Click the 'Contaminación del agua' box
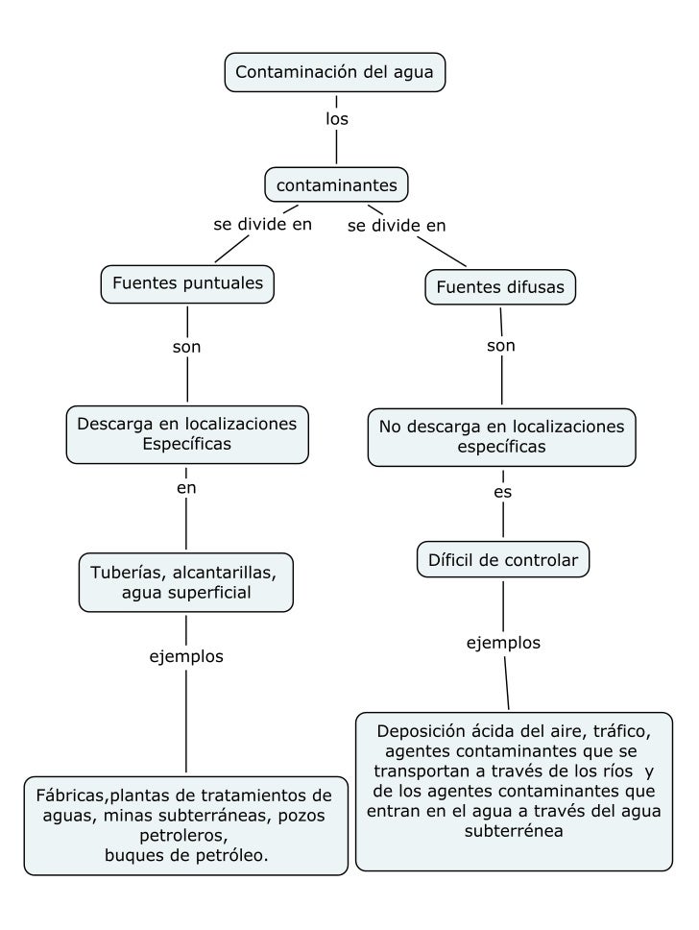(335, 72)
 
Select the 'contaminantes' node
(336, 184)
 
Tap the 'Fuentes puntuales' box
(187, 283)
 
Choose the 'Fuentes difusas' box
(500, 286)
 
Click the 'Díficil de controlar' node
(503, 560)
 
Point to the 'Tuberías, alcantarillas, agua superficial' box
(185, 582)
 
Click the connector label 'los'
(336, 120)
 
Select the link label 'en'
(186, 488)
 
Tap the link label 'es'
(502, 492)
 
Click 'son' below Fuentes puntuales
(186, 347)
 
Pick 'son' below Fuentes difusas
(501, 345)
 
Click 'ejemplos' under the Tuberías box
(186, 657)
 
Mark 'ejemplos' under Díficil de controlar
(503, 643)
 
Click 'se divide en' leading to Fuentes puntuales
(262, 225)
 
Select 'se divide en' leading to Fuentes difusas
(397, 226)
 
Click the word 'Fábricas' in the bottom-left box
(70, 795)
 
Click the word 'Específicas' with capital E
(186, 443)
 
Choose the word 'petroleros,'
(186, 836)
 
